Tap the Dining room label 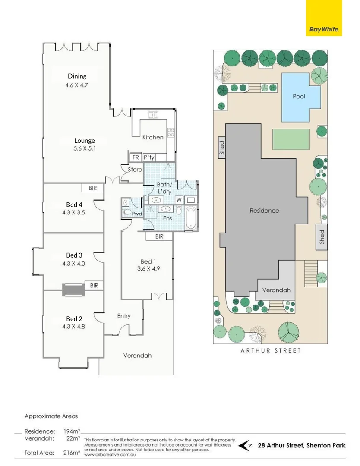[x=77, y=76]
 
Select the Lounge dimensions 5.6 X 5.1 [x=84, y=148]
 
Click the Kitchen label [x=153, y=137]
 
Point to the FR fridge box [x=136, y=157]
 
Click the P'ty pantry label [x=149, y=157]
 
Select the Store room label [x=135, y=170]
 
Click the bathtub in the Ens [x=190, y=218]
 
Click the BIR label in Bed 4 [x=92, y=188]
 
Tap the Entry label [x=124, y=316]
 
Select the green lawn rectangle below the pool [x=291, y=139]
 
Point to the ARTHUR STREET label [x=270, y=350]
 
